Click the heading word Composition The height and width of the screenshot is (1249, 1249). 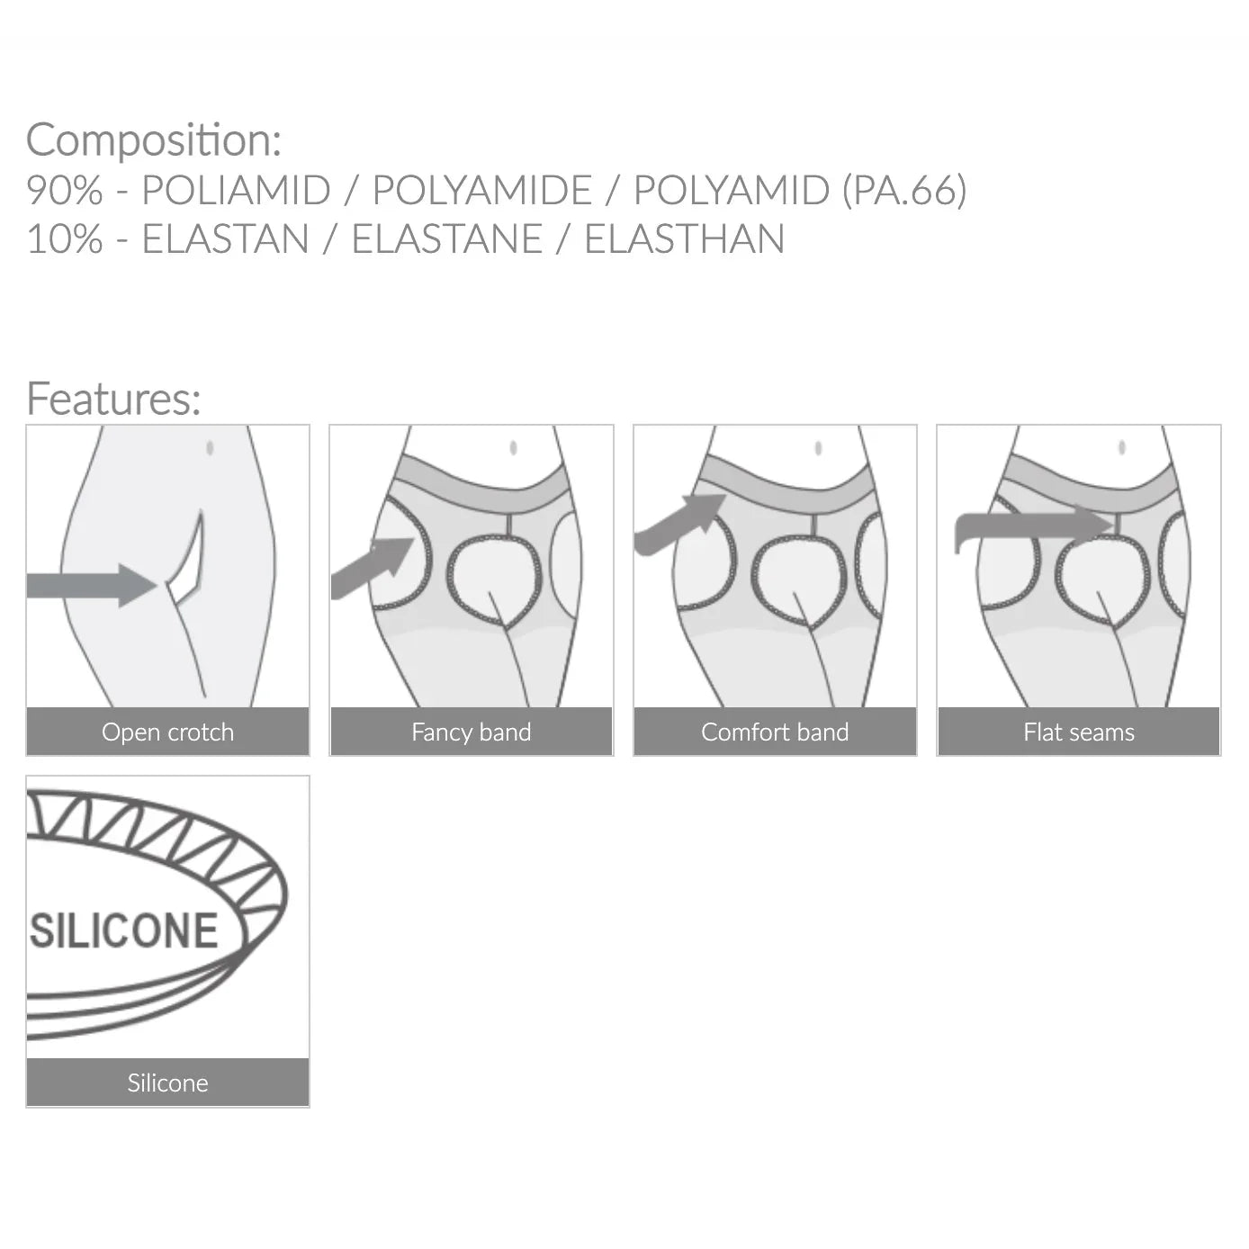pos(154,140)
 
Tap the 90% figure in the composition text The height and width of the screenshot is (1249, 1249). pos(64,190)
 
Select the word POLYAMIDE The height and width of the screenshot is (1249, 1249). pos(481,190)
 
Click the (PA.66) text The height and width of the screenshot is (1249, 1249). pos(904,190)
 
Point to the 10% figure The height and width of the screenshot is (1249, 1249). pos(64,238)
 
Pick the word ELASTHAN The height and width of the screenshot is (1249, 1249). pos(685,238)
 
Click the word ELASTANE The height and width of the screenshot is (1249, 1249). pos(446,238)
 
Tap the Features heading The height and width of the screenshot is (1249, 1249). pos(113,398)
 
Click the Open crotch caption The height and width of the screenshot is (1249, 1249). pos(167,732)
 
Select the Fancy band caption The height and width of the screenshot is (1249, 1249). pos(472,732)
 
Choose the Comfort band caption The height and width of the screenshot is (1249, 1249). pos(775,732)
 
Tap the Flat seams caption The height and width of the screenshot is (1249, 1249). pos(1079,732)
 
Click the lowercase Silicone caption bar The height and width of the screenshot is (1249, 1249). pos(167,1083)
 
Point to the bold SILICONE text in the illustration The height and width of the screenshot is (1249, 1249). pos(124,931)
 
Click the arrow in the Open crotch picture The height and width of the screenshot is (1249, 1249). pos(92,585)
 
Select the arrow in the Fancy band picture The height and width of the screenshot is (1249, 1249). pos(372,568)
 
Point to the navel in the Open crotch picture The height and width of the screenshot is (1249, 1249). pos(210,448)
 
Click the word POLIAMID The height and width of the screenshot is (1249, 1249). pos(236,190)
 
